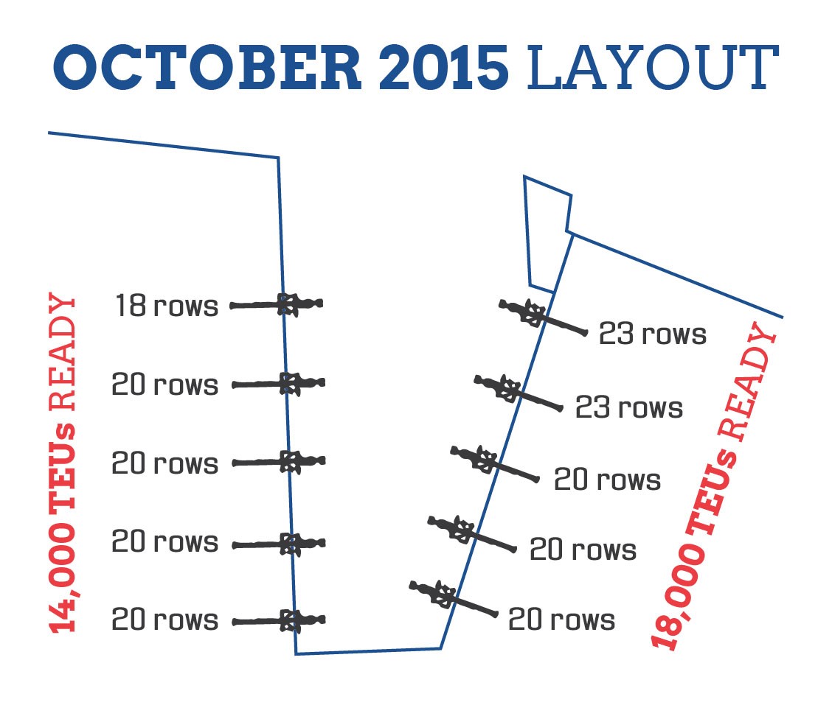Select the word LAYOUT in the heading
pyautogui.click(x=653, y=69)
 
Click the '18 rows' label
pyautogui.click(x=167, y=306)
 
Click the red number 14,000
pyautogui.click(x=63, y=578)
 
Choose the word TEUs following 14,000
pyautogui.click(x=63, y=465)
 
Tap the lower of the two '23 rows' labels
pyautogui.click(x=629, y=407)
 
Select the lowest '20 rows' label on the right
pyautogui.click(x=561, y=620)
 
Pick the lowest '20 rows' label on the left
pyautogui.click(x=165, y=620)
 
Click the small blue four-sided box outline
pyautogui.click(x=548, y=232)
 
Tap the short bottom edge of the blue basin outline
pyautogui.click(x=368, y=651)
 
